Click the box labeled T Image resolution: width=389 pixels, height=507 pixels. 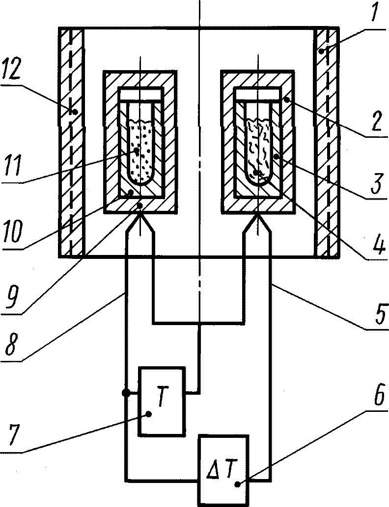162,401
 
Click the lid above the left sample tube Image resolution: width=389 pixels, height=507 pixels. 140,92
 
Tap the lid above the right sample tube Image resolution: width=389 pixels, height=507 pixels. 258,92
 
